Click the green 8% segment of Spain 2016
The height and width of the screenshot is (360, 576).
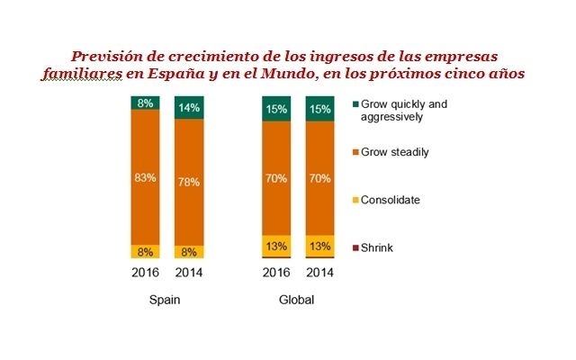coord(146,103)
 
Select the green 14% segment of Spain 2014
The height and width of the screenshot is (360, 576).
coord(189,107)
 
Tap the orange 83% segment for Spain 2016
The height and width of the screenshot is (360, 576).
coord(146,178)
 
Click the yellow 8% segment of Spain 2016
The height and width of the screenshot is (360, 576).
coord(146,251)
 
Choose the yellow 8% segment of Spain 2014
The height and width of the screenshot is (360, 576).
coord(189,251)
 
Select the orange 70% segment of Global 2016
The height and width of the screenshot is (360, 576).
coord(275,178)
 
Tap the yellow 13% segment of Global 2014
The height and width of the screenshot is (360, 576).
coord(319,246)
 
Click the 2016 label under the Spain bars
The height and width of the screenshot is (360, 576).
coord(146,273)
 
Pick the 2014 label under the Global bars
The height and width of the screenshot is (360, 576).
coord(319,273)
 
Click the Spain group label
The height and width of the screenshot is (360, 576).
coord(167,300)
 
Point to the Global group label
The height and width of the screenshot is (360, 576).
coord(297,300)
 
